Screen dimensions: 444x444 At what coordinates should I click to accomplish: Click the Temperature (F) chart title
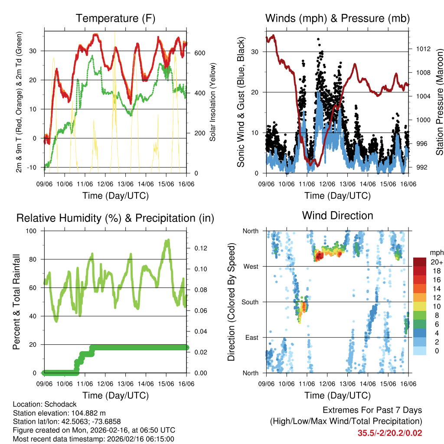(x=115, y=19)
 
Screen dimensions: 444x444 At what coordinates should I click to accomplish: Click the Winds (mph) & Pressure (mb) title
(x=337, y=19)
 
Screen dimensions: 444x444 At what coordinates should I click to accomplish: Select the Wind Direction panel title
(x=337, y=215)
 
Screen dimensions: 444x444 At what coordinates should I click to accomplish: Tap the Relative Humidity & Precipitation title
(x=115, y=218)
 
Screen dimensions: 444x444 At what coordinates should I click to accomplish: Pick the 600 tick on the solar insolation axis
(x=199, y=53)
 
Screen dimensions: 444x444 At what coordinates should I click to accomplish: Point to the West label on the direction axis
(x=251, y=266)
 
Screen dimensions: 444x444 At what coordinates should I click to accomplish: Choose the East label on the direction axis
(x=251, y=337)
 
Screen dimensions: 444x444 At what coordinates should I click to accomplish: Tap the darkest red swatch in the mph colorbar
(x=420, y=262)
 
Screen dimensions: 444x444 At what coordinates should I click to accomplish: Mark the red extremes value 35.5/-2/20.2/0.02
(x=389, y=433)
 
